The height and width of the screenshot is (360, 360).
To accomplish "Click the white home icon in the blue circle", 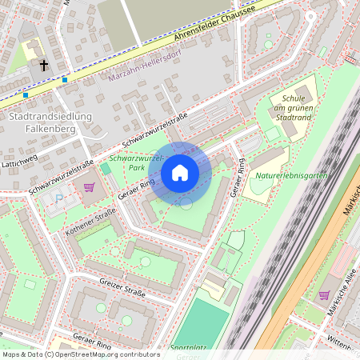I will pyautogui.click(x=180, y=172).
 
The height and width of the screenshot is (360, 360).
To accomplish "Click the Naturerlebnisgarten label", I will pyautogui.click(x=290, y=174).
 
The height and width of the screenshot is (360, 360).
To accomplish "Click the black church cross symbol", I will pyautogui.click(x=43, y=66).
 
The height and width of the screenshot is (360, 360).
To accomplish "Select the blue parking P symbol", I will pyautogui.click(x=58, y=198).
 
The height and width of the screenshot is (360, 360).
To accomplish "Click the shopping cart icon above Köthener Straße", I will pyautogui.click(x=89, y=187).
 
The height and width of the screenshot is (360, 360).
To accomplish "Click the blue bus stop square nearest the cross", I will pyautogui.click(x=65, y=79).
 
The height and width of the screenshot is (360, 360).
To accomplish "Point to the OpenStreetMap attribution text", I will pyautogui.click(x=80, y=354).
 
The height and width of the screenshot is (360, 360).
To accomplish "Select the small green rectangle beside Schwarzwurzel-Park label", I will pyautogui.click(x=106, y=168).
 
